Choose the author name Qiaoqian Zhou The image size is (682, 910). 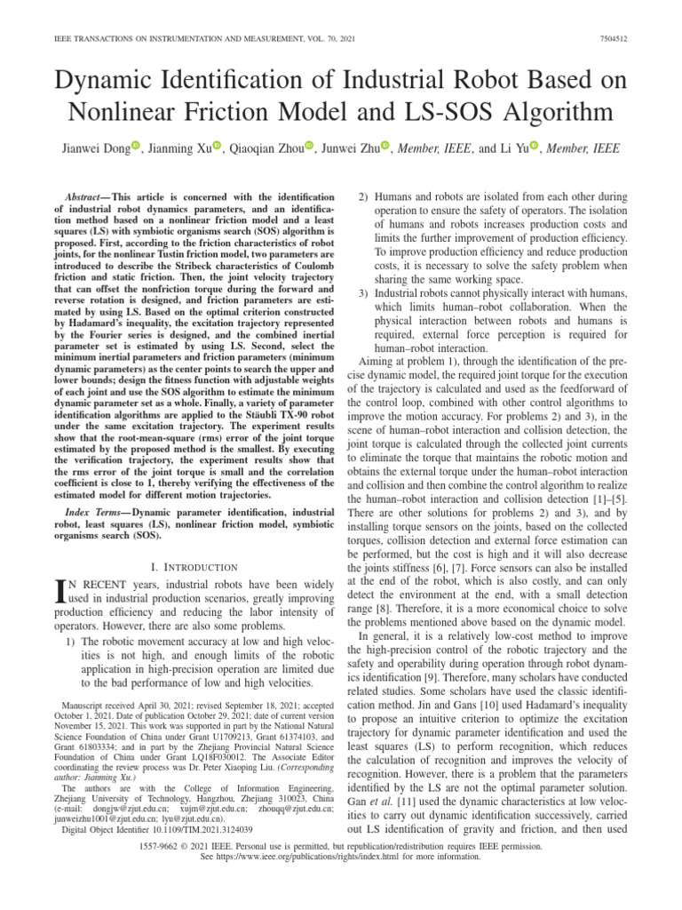pyautogui.click(x=265, y=148)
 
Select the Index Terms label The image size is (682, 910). pyautogui.click(x=97, y=514)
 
